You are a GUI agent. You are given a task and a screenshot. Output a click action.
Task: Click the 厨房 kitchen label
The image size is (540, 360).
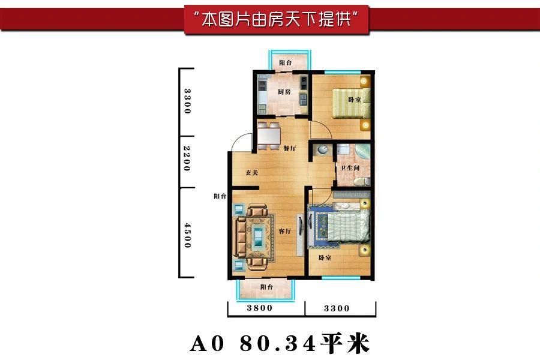pos(284,92)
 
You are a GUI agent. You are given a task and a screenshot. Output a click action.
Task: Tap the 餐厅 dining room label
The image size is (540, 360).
pos(290,148)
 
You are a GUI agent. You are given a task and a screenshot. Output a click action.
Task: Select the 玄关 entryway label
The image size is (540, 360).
pos(252,172)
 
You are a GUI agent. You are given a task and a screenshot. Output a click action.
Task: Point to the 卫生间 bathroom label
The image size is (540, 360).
pos(350,168)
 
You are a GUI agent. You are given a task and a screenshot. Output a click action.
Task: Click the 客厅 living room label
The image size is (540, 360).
pos(285,231)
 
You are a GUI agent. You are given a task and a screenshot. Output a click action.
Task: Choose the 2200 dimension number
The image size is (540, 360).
pos(187,158)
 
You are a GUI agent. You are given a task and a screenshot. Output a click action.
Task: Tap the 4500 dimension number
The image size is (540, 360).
pos(187,235)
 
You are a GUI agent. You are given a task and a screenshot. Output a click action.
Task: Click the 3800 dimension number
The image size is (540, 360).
pos(259,308)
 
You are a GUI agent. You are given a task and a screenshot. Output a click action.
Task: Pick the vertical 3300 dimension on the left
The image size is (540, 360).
pos(187,101)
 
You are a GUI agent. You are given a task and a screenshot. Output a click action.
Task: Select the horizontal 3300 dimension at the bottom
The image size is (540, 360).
pos(337,308)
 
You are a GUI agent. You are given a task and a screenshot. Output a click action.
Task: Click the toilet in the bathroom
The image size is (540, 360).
pos(361,181)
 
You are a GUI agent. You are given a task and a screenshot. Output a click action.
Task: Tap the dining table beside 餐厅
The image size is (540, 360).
pos(269,136)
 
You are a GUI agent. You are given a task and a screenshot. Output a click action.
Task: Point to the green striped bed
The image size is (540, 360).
pos(351,103)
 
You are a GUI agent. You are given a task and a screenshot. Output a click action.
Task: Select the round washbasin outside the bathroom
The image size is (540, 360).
pos(323,149)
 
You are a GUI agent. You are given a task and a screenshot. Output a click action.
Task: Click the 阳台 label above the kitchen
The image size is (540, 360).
pos(286,62)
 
